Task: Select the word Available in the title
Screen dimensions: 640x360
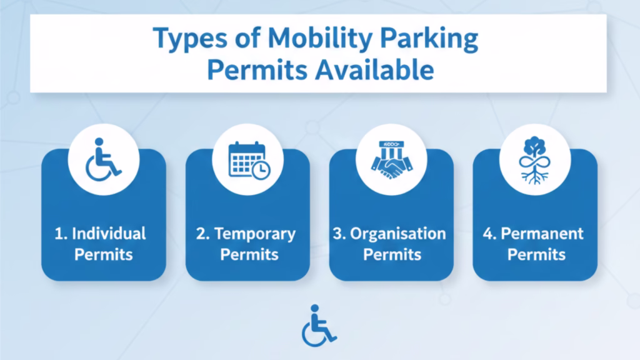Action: click(374, 70)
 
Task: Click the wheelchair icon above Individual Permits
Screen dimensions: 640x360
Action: click(103, 159)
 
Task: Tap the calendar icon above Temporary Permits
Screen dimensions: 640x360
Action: click(249, 161)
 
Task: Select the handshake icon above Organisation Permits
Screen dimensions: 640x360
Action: click(391, 160)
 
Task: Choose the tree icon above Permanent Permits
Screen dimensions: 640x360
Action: click(534, 160)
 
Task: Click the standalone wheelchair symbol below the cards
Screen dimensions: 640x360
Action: click(319, 325)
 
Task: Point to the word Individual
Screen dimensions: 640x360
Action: click(109, 234)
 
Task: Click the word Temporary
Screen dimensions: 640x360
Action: click(255, 234)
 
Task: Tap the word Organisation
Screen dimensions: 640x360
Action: click(398, 234)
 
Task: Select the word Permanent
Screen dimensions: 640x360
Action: click(542, 234)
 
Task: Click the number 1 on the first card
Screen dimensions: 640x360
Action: click(59, 234)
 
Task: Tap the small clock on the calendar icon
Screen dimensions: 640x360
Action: click(261, 170)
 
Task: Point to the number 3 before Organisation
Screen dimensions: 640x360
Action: click(337, 234)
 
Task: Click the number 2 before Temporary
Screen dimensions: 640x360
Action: click(201, 234)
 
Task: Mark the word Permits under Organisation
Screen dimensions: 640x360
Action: click(392, 255)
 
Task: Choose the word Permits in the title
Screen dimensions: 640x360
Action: click(257, 70)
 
